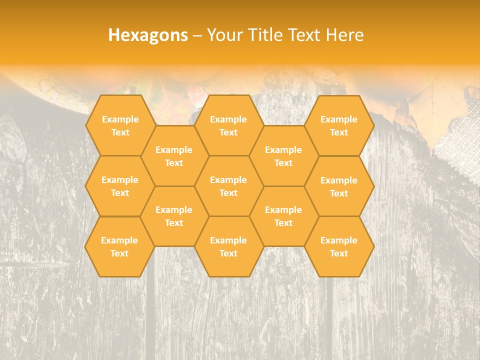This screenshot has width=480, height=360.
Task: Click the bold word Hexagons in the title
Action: coord(148,35)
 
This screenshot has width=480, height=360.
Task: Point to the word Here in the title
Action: coord(344,35)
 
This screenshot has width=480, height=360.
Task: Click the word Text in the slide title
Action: coord(304,35)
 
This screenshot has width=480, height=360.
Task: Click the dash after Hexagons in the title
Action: coord(197,35)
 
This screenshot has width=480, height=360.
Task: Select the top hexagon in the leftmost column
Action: coord(120,125)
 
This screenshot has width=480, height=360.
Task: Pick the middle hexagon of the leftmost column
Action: coord(120,186)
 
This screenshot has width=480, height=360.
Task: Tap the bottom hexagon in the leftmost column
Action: coord(119,246)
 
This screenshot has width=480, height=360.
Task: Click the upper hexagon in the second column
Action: coord(174,156)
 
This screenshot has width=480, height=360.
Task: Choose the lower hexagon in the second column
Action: coord(174,216)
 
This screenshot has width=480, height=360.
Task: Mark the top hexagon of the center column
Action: coord(228,125)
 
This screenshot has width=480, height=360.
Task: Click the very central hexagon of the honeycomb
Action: coord(228,186)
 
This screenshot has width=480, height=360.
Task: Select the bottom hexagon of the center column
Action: coord(228,246)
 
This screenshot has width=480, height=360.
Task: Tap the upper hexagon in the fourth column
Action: coord(283,156)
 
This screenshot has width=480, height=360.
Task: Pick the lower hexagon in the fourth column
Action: coord(283,216)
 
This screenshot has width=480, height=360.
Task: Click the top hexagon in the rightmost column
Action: coord(339,125)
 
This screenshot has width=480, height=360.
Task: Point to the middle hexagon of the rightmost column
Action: coord(339,186)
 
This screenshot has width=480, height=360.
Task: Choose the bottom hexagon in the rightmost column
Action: coord(339,246)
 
